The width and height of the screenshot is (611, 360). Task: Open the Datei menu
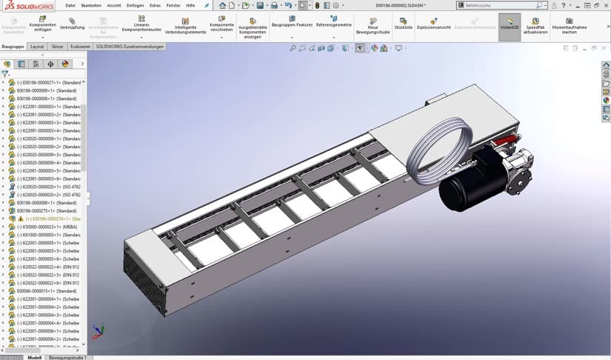70,5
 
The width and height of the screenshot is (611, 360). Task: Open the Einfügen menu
135,5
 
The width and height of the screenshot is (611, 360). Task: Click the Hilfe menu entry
190,5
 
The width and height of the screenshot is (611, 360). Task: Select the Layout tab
37,46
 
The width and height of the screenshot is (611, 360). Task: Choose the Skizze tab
57,46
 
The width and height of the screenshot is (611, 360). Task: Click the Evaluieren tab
80,46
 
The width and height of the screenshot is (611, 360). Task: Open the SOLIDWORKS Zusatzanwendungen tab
130,46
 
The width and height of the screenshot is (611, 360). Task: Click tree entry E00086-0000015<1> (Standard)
49,291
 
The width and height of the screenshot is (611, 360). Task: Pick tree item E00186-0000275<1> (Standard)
49,210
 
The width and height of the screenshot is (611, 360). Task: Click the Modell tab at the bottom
33,357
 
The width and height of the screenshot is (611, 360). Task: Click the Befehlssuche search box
496,5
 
